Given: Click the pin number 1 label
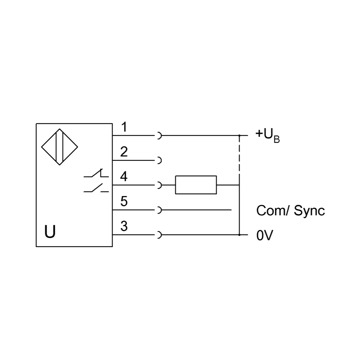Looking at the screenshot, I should pos(124,127).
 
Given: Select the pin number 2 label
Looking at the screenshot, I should pos(124,152).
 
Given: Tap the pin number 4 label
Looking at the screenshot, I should pos(124,177).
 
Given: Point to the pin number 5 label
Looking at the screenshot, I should pos(124,202).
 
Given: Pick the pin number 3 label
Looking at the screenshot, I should pos(124,226).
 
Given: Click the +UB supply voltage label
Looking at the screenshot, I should pos(267,135).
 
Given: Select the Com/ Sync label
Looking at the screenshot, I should pos(290,211).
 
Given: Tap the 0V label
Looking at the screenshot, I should pos(264,236).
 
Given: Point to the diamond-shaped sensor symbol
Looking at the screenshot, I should pos(59,147).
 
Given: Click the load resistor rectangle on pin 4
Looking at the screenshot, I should pos(196,185).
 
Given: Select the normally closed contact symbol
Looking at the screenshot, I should pos(96,174).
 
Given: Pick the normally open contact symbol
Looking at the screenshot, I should pos(96,188).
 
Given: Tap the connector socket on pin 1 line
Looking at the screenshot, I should pos(159,136).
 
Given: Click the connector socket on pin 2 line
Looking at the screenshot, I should pos(159,160).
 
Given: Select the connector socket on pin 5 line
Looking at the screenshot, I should pos(159,210).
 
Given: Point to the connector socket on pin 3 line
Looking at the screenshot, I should pos(159,235).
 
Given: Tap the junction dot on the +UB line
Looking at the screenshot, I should pos(239,136).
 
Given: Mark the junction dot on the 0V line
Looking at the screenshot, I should pos(239,235).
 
